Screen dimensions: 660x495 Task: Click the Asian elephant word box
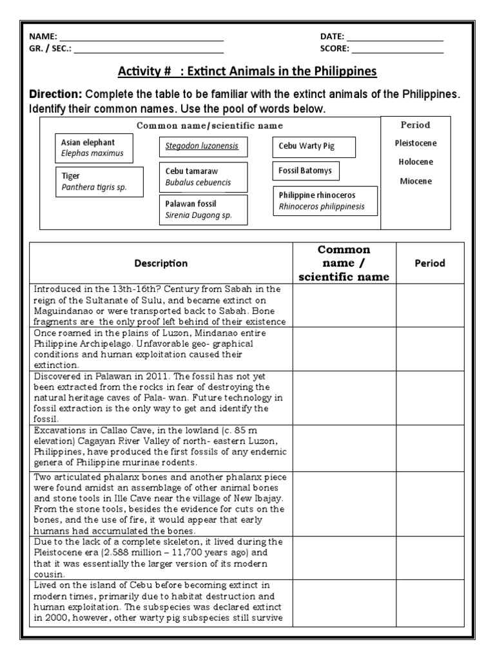[95, 148]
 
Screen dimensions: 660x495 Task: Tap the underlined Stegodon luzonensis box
[203, 146]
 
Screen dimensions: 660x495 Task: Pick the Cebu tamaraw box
[203, 177]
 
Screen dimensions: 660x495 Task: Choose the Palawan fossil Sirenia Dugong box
[203, 209]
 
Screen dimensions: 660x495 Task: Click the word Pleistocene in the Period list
[416, 143]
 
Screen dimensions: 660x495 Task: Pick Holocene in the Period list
[416, 162]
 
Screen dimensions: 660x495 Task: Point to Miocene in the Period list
[416, 181]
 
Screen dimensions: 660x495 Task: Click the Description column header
[161, 263]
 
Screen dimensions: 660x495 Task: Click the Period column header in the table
[429, 263]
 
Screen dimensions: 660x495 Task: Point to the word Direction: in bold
[56, 94]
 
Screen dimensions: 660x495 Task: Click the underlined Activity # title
[247, 71]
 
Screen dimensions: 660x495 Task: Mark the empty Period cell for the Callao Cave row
[429, 447]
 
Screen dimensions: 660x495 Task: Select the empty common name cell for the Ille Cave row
[345, 503]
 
